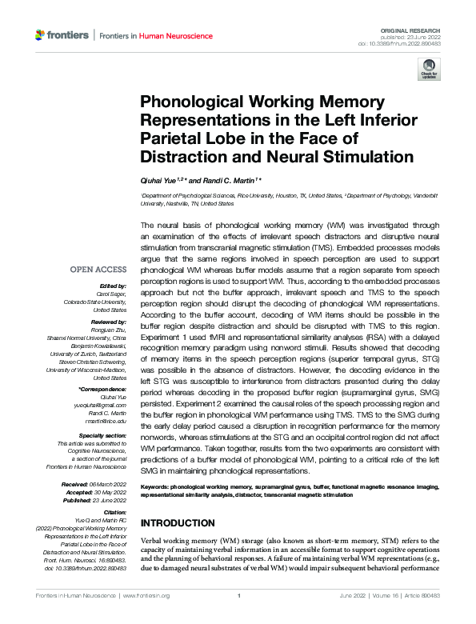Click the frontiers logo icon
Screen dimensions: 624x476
[41, 35]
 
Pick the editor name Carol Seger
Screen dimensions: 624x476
[110, 294]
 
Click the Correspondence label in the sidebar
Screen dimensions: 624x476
[102, 390]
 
